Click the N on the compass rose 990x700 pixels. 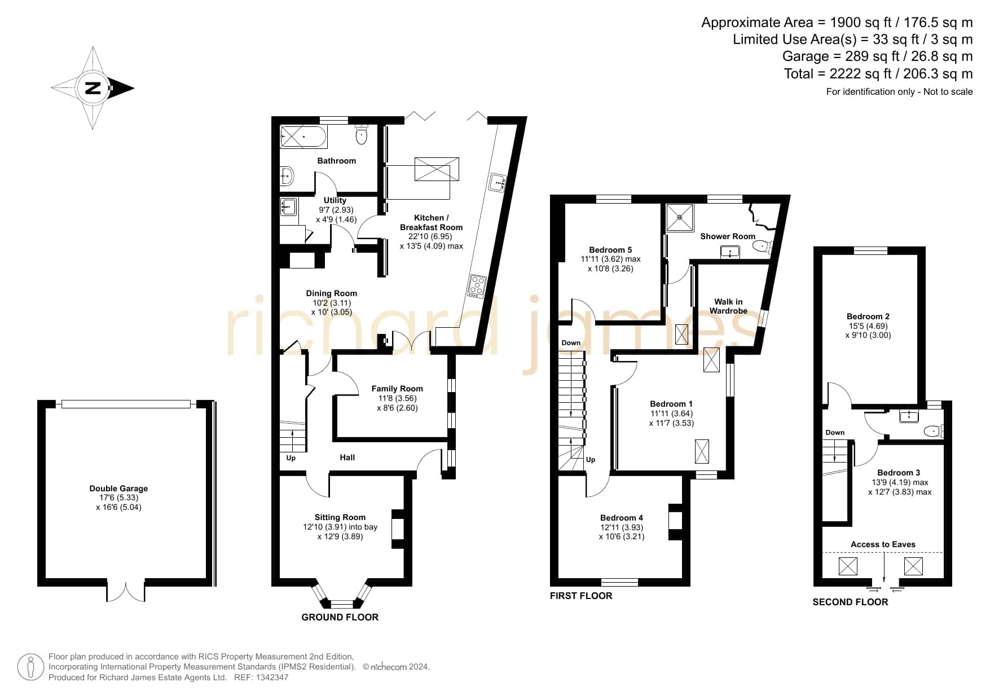pos(93,88)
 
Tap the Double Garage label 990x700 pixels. pos(118,488)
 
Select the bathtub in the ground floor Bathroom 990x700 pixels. pos(303,137)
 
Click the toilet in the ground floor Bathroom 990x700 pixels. pos(362,134)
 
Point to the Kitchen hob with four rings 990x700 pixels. pos(477,286)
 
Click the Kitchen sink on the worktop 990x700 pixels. pos(498,182)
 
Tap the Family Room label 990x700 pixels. pos(397,389)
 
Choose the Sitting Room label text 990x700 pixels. pos(340,517)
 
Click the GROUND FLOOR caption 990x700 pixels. pos(340,617)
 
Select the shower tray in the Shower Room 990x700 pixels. pos(680,218)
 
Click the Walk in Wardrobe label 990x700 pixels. pos(728,306)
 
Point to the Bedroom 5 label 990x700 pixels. pos(610,250)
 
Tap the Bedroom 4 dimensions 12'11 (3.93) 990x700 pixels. pos(622,527)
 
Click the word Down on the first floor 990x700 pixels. pos(571,343)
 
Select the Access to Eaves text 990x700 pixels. pos(883,544)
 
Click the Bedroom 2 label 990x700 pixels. pos(868,316)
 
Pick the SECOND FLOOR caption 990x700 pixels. pos(850,602)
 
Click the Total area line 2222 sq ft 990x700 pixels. pos(878,74)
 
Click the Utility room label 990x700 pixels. pos(335,200)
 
